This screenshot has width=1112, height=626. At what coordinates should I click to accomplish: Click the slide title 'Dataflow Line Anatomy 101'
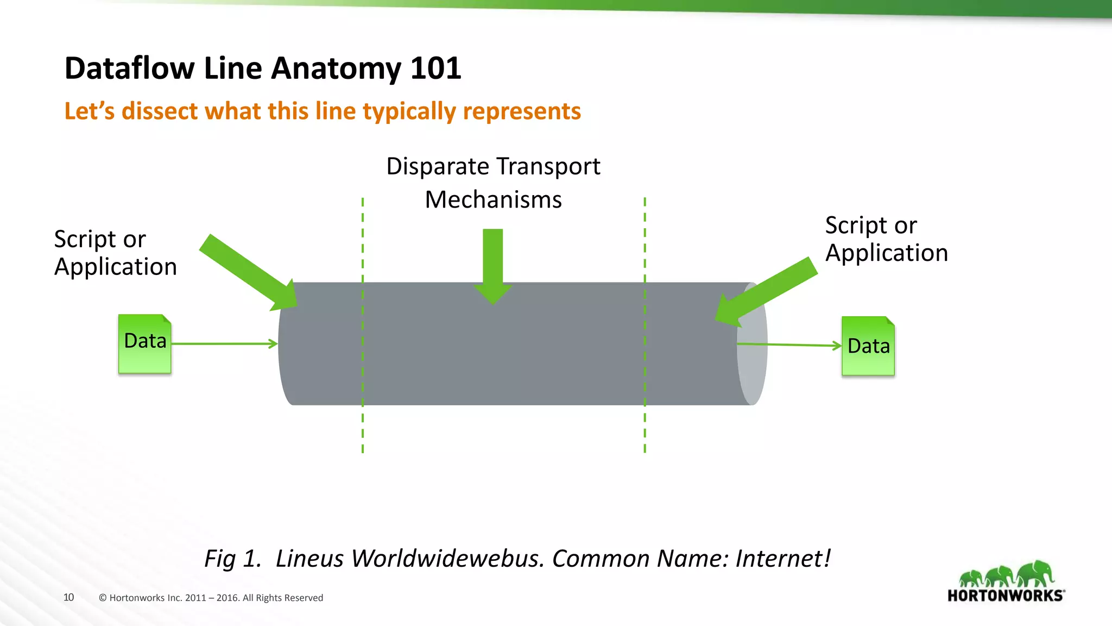(x=263, y=68)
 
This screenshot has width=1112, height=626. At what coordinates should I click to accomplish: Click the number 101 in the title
(x=435, y=68)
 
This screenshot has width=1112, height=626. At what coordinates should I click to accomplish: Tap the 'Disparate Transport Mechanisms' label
(x=493, y=183)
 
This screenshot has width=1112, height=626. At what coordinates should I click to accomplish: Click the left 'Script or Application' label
(x=115, y=253)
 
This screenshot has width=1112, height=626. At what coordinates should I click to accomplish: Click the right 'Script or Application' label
(x=886, y=240)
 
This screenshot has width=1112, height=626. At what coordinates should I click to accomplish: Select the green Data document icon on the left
(x=145, y=343)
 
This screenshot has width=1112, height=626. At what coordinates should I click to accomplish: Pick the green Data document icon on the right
(x=868, y=346)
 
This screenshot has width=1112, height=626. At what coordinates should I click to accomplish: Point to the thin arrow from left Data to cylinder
(x=224, y=343)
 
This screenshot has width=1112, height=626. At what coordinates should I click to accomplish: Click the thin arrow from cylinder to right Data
(x=790, y=345)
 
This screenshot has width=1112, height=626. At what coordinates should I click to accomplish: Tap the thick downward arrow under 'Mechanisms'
(x=493, y=264)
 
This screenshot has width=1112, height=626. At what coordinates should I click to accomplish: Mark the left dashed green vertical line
(x=363, y=424)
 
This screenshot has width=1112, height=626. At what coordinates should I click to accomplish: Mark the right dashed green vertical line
(x=645, y=424)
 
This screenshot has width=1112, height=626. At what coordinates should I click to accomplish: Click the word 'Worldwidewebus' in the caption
(x=447, y=559)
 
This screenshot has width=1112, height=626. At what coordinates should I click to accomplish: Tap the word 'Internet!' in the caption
(x=783, y=559)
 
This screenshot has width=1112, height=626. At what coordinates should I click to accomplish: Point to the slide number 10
(x=68, y=597)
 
